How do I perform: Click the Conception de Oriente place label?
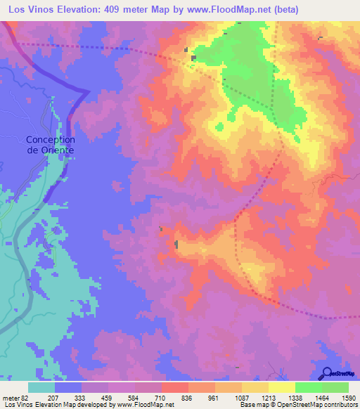[51, 145]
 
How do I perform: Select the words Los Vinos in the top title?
[30, 10]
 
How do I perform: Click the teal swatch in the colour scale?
[41, 387]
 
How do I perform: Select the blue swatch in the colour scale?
[68, 387]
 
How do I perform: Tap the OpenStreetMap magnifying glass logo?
[328, 372]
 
